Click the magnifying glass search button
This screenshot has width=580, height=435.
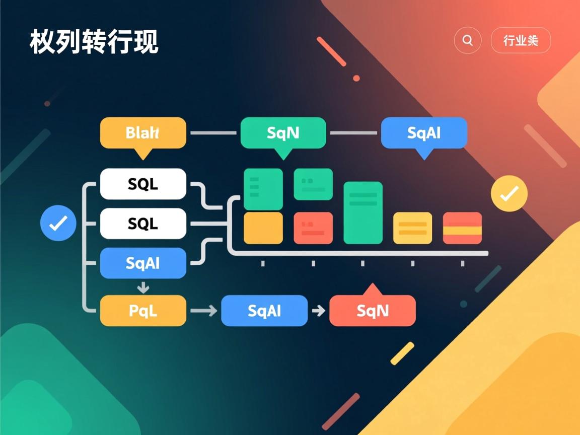tap(467, 40)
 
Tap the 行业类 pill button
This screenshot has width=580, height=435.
tap(521, 40)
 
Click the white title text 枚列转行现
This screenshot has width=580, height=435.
tap(94, 42)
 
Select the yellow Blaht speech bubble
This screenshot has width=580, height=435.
tap(143, 133)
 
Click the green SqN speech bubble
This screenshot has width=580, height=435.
tap(283, 133)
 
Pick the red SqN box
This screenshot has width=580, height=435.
tap(373, 311)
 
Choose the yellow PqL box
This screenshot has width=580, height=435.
tap(143, 311)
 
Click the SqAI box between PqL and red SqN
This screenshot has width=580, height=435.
tap(264, 311)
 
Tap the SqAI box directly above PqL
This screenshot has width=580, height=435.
tap(143, 263)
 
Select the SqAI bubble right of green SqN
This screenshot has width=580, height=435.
tap(424, 133)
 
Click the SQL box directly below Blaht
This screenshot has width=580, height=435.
tap(143, 184)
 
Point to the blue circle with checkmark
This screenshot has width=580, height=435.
tap(58, 223)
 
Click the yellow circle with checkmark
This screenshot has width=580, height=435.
tap(509, 193)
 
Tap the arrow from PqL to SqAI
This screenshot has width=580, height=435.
tap(203, 311)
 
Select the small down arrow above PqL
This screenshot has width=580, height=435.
tap(143, 287)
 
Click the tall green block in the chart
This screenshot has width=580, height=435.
tap(362, 212)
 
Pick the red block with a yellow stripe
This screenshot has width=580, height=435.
tap(462, 228)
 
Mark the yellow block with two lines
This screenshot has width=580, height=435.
tap(412, 228)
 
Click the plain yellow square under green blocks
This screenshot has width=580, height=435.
tap(263, 228)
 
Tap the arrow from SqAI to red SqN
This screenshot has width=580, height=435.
tap(318, 311)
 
